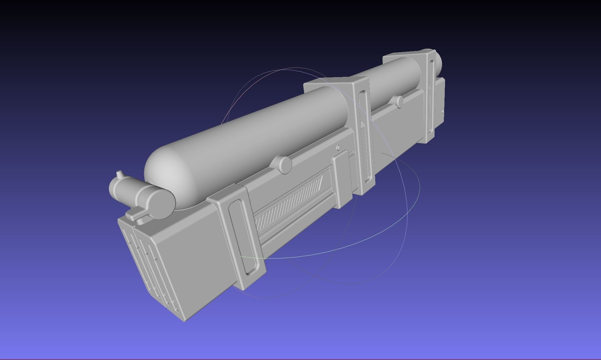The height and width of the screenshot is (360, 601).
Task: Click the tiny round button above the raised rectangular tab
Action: [339, 148]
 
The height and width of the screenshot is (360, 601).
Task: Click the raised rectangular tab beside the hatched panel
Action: [342, 180]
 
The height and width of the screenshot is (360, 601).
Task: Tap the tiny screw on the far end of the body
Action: [443, 112]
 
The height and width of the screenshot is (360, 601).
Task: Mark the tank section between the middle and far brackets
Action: [393, 78]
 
